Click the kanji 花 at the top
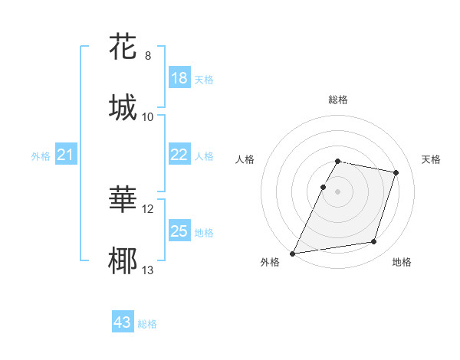[x=123, y=47]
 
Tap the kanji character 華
[x=123, y=200]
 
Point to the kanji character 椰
[x=123, y=260]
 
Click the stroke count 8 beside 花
[x=148, y=56]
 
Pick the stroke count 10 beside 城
[x=148, y=116]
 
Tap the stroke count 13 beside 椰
[x=148, y=270]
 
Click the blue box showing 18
[x=179, y=78]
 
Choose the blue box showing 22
[x=179, y=155]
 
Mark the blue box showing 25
[x=179, y=231]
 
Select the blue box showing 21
[x=65, y=155]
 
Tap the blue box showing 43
[x=122, y=322]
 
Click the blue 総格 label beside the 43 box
[x=147, y=324]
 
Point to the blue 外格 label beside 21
[x=41, y=156]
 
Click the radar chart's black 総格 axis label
[x=337, y=100]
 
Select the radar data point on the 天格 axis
[x=396, y=172]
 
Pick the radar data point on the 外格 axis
[x=293, y=253]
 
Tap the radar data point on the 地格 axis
[x=373, y=241]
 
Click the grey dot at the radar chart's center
[x=337, y=191]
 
